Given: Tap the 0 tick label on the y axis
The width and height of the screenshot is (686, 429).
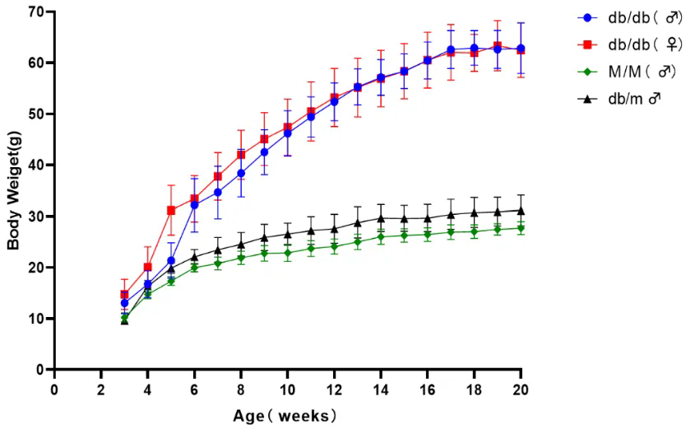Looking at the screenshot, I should (38, 370).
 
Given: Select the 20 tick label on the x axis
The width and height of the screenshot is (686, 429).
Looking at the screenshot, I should (521, 388).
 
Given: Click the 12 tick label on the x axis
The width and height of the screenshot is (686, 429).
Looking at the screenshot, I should (334, 388).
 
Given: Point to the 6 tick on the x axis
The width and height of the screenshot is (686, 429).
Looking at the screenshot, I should (194, 388).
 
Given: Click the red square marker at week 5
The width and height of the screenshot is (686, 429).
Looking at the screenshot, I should (171, 210).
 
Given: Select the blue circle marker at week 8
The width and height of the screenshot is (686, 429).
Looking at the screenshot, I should (241, 173).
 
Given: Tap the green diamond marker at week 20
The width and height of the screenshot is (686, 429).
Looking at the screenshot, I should (521, 228).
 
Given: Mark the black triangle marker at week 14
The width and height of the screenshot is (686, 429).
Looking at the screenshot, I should (381, 218).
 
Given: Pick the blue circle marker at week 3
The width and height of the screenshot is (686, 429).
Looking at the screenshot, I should (124, 303).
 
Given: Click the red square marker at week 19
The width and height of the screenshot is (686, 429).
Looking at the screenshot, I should (498, 46).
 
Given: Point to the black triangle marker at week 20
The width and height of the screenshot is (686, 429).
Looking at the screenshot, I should (521, 210).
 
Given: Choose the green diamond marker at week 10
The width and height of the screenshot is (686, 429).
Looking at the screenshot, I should (288, 253).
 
